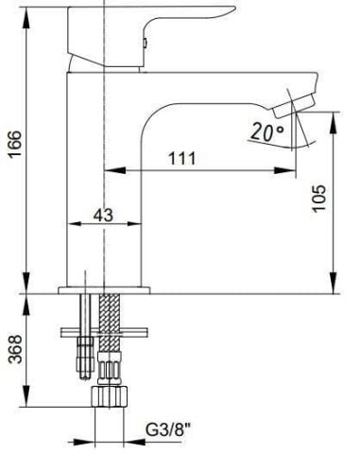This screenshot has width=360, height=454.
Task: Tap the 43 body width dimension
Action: click(x=105, y=215)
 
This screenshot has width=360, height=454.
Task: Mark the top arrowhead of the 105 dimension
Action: click(x=333, y=115)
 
